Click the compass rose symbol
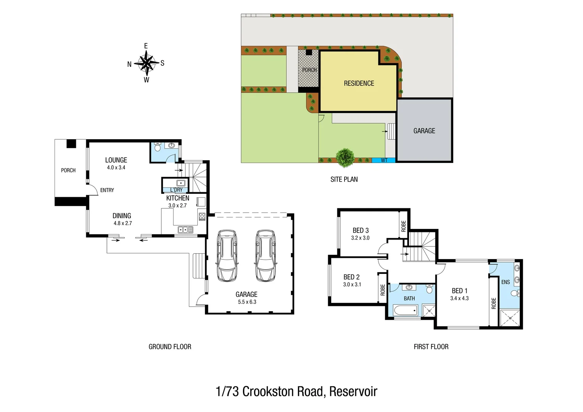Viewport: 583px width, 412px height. coord(146,63)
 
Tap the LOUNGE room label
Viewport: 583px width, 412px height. coord(116,160)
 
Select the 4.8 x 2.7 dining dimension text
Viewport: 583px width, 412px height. coord(122,223)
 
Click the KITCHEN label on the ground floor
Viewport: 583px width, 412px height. coord(177,198)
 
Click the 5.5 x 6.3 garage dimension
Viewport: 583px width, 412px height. coord(247,302)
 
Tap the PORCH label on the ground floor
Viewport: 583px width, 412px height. coord(68,171)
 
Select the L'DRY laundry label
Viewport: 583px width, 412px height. coord(176,190)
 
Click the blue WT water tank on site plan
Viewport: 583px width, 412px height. coord(384,160)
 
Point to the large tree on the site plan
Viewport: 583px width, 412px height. coord(345,157)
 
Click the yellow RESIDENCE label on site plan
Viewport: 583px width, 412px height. coord(359,83)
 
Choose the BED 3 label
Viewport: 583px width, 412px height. coord(361,230)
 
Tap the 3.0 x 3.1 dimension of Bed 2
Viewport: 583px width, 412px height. coord(352,284)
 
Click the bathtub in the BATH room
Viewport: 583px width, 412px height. coord(406,310)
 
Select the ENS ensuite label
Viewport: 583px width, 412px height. coord(506,282)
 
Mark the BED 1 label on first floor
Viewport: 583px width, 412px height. coord(459,291)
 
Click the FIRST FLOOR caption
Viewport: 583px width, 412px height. coord(431,346)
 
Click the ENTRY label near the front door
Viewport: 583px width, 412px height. coord(107,190)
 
